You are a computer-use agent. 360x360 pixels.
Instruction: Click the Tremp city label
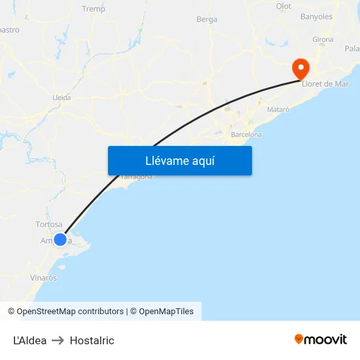pos(93,9)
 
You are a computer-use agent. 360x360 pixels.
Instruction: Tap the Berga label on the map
pos(207,20)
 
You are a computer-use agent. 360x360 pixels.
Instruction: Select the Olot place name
pos(283,7)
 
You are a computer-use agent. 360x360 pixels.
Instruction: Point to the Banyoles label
pos(316,17)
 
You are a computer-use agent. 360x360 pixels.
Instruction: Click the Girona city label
pos(323,40)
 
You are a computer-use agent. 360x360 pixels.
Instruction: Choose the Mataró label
pos(279,109)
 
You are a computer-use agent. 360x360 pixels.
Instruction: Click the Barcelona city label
pos(246,135)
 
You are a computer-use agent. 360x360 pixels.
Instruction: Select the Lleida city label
pos(62,98)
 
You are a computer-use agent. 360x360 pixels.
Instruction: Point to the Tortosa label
pos(49,225)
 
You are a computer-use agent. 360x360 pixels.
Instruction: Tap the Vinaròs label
pos(43,278)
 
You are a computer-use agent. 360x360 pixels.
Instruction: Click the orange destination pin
pos(301,68)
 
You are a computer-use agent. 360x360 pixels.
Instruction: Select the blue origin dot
pos(60,240)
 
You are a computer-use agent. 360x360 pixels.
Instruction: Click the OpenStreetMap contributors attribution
pos(70,312)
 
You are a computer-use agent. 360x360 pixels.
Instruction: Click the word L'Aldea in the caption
pos(30,340)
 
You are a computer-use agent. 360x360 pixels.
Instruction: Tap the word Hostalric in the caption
pos(92,340)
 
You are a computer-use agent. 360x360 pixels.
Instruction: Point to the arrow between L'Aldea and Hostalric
pos(58,340)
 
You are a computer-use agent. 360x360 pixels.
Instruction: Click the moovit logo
pos(321,340)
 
